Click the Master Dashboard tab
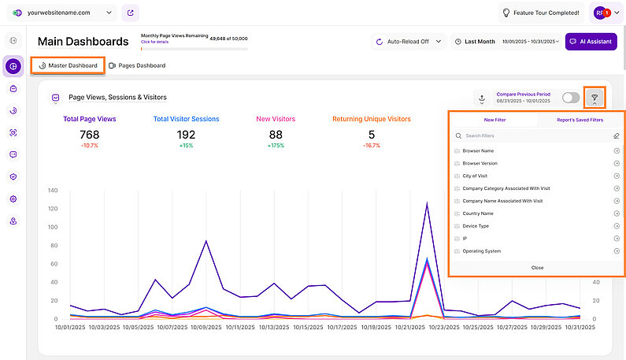pyautogui.click(x=68, y=65)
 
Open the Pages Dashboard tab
pyautogui.click(x=137, y=65)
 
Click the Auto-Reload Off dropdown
pyautogui.click(x=408, y=42)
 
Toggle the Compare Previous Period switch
pyautogui.click(x=571, y=98)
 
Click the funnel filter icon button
pyautogui.click(x=595, y=98)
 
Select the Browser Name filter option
pyautogui.click(x=479, y=150)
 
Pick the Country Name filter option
pyautogui.click(x=478, y=213)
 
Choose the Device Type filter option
pyautogui.click(x=476, y=226)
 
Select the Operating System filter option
pyautogui.click(x=482, y=251)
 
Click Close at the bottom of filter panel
pyautogui.click(x=537, y=268)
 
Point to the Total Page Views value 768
pyautogui.click(x=90, y=135)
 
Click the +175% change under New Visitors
pyautogui.click(x=276, y=146)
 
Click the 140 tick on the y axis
pyautogui.click(x=54, y=190)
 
